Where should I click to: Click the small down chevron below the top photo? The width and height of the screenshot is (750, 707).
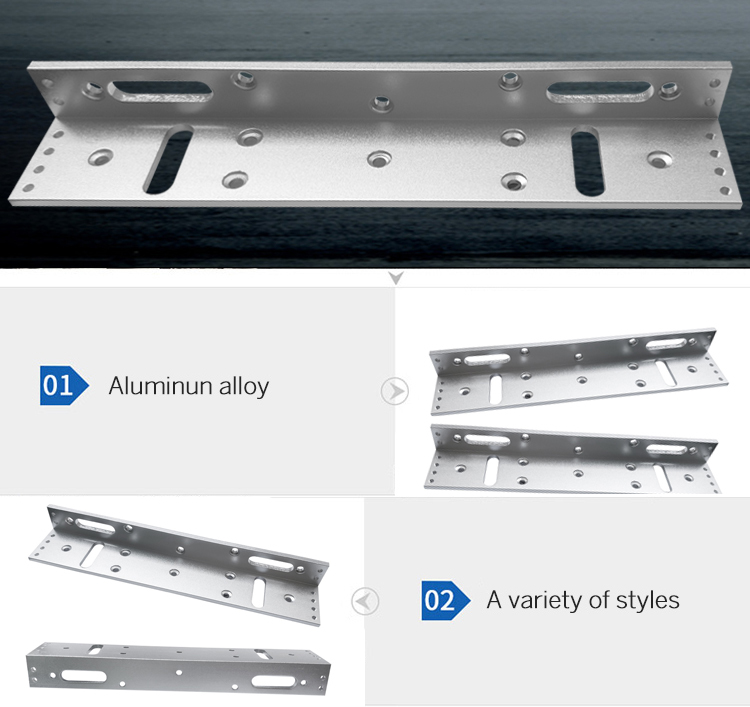coord(396,278)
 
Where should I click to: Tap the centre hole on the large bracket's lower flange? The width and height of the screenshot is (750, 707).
coord(377,159)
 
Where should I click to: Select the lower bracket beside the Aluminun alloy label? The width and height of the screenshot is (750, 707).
coord(573,456)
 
